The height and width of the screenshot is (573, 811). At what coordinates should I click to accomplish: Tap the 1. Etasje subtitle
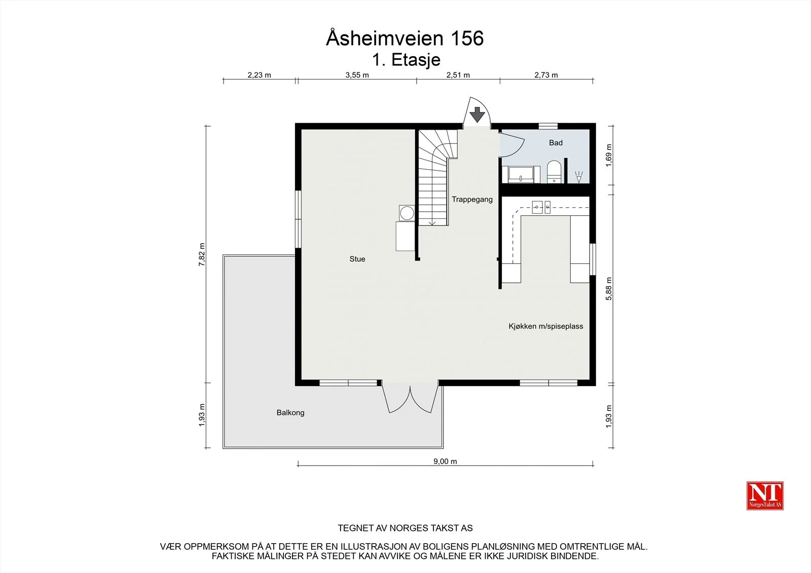pyautogui.click(x=406, y=60)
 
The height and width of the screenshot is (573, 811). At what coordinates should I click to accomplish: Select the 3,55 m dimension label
pyautogui.click(x=357, y=75)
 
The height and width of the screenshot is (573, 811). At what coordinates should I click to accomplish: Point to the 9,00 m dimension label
pyautogui.click(x=445, y=461)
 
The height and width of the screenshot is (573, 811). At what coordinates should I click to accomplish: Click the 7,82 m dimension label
pyautogui.click(x=202, y=254)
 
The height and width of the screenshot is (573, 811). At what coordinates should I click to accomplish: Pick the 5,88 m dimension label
pyautogui.click(x=609, y=288)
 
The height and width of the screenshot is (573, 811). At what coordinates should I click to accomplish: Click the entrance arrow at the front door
pyautogui.click(x=477, y=114)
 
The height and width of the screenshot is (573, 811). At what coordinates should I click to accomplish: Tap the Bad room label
pyautogui.click(x=556, y=142)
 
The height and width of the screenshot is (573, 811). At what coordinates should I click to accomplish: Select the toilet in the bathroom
pyautogui.click(x=554, y=172)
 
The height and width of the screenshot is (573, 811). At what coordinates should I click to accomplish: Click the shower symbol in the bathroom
pyautogui.click(x=579, y=177)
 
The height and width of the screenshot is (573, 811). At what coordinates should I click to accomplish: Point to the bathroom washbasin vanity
pyautogui.click(x=521, y=174)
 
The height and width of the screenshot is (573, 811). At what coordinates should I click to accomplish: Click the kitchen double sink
pyautogui.click(x=541, y=207)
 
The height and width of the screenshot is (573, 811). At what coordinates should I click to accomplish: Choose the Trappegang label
pyautogui.click(x=472, y=200)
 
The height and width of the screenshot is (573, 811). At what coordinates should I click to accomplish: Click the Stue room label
pyautogui.click(x=357, y=259)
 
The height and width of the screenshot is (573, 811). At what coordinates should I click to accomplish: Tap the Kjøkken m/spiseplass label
pyautogui.click(x=545, y=326)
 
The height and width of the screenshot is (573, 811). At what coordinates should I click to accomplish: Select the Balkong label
pyautogui.click(x=290, y=412)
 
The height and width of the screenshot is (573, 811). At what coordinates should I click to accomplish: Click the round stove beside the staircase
pyautogui.click(x=407, y=213)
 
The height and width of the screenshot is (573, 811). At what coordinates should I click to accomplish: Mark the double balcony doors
pyautogui.click(x=410, y=399)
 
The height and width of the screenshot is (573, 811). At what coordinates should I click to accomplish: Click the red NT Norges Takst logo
pyautogui.click(x=765, y=495)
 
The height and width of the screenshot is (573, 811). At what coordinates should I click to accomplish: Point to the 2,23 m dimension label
pyautogui.click(x=259, y=75)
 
